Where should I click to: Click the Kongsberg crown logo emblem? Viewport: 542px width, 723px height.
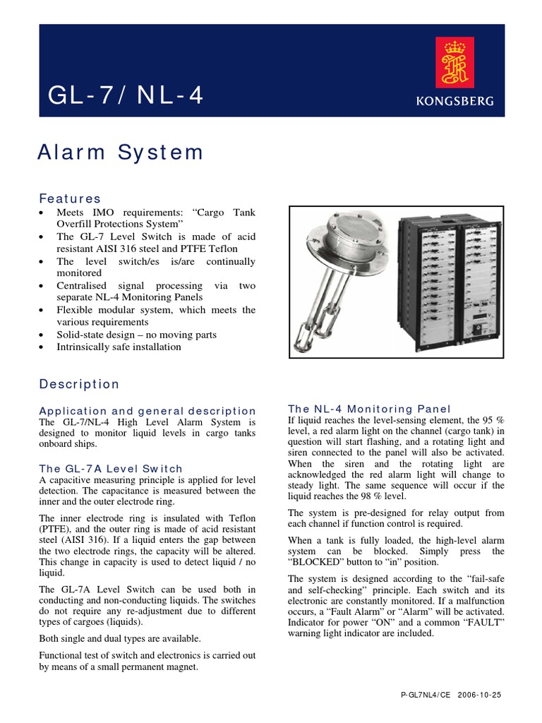click(463, 63)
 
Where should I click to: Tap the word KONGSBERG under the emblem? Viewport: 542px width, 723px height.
click(463, 101)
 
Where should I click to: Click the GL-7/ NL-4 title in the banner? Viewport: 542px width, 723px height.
click(126, 95)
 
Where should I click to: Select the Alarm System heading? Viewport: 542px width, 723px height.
click(121, 152)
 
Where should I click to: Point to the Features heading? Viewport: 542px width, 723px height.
click(70, 198)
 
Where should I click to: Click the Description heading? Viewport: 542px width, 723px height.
click(79, 384)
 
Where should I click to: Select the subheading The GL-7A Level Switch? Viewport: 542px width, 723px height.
click(111, 468)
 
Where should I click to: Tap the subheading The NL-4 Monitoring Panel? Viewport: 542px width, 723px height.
click(369, 409)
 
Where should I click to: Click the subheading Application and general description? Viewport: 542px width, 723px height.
click(147, 410)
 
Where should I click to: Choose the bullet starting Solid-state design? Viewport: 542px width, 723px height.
click(136, 335)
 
